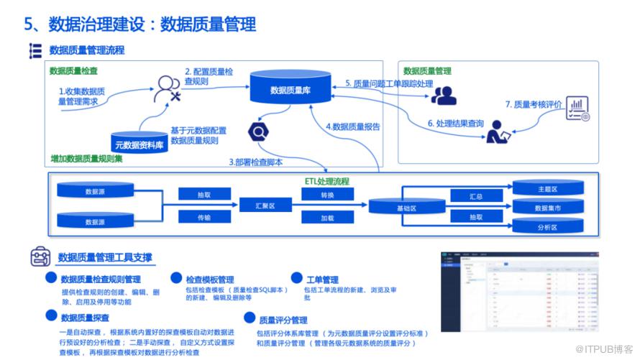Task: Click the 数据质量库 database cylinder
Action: coord(291,89)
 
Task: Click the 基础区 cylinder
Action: coord(397,207)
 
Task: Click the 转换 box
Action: coord(327,194)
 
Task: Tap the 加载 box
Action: coord(327,217)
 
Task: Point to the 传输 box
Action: coord(204,217)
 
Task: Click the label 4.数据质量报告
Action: coord(353,126)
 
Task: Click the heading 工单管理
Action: coord(322,279)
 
